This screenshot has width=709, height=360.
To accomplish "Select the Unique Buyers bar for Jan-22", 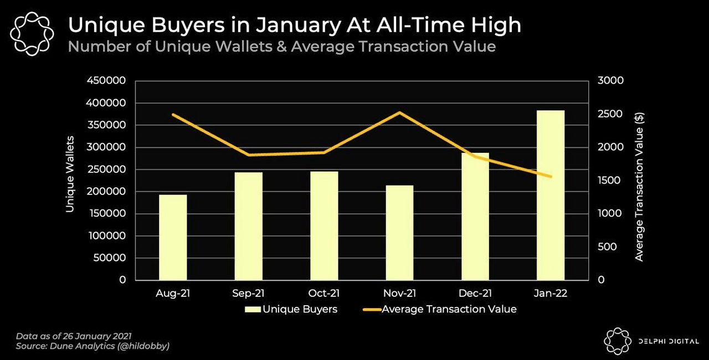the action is pyautogui.click(x=551, y=195).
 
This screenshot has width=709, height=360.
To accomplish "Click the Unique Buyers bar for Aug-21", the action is pyautogui.click(x=173, y=237).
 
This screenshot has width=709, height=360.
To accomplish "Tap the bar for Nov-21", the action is pyautogui.click(x=399, y=233).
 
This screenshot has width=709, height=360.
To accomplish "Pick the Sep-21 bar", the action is pyautogui.click(x=249, y=226).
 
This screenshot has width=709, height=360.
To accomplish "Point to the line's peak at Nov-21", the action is pyautogui.click(x=399, y=112).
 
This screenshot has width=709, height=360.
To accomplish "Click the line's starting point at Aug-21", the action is pyautogui.click(x=173, y=115).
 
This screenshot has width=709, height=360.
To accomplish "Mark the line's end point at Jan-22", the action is pyautogui.click(x=551, y=177).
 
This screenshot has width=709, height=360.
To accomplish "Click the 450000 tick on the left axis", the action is pyautogui.click(x=106, y=80).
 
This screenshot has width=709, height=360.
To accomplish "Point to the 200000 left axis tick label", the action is pyautogui.click(x=106, y=192).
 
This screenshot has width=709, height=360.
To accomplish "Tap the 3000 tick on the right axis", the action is pyautogui.click(x=610, y=80).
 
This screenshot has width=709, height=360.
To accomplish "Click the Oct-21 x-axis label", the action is pyautogui.click(x=324, y=293).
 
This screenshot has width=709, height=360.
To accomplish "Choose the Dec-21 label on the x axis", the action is pyautogui.click(x=475, y=293).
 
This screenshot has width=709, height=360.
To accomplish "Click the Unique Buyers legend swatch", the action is pyautogui.click(x=253, y=310).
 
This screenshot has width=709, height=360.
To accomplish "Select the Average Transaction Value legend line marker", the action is pyautogui.click(x=372, y=310).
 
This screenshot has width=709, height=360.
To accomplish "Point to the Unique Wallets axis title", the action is pyautogui.click(x=70, y=174).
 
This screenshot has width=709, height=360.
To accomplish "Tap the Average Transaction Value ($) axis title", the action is pyautogui.click(x=639, y=187).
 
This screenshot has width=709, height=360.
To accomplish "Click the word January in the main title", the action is pyautogui.click(x=298, y=26).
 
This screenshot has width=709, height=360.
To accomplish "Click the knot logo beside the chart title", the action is pyautogui.click(x=32, y=34).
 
